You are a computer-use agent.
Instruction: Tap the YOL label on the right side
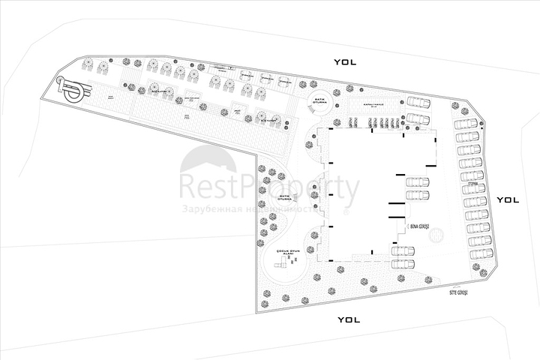tap(508, 199)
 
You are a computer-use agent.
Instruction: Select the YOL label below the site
tap(349, 319)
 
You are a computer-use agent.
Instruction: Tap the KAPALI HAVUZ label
tap(373, 106)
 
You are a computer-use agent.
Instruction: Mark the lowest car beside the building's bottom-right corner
tap(403, 263)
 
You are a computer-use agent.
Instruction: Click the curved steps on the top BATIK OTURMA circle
tap(309, 108)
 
